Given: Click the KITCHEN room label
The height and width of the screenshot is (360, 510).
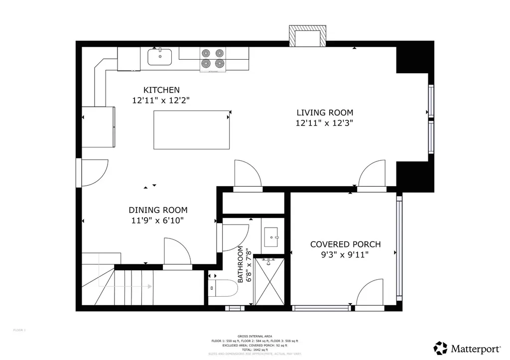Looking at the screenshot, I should (161, 90).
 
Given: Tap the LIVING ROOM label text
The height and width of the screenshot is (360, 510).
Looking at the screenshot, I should (325, 113).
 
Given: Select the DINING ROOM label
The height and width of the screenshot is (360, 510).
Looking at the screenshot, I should (158, 210).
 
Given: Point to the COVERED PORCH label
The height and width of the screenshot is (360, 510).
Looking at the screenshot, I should (345, 244).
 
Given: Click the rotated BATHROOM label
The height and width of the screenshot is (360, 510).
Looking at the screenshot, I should (241, 264).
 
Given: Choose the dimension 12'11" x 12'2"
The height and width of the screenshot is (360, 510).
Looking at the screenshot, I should (161, 100).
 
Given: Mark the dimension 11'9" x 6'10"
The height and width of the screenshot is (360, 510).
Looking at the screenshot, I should (158, 220).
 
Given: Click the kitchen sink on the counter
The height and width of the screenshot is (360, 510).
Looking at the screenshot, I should (160, 56).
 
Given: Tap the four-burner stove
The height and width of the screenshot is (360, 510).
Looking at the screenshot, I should (213, 59).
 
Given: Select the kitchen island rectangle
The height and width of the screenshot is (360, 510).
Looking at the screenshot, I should (191, 130).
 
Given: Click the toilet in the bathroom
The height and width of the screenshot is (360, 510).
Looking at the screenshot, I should (223, 288).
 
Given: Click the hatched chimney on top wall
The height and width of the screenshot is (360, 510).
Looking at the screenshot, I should (307, 36).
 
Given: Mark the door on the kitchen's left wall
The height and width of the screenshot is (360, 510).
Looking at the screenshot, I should (93, 173).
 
